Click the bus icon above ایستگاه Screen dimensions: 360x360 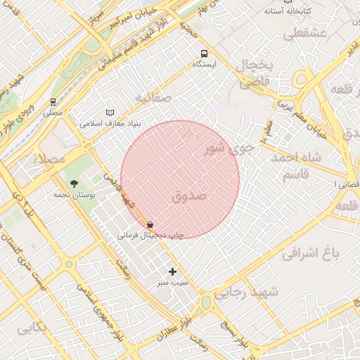pyautogui.click(x=204, y=53)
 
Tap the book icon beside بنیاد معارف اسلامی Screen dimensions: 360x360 pyautogui.click(x=109, y=112)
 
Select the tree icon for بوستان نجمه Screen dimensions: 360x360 pyautogui.click(x=75, y=184)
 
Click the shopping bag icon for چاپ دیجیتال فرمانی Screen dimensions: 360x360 pyautogui.click(x=150, y=225)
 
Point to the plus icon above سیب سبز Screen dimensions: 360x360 pyautogui.click(x=173, y=271)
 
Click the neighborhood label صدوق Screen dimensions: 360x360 pyautogui.click(x=189, y=196)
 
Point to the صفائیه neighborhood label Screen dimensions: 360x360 pyautogui.click(x=153, y=98)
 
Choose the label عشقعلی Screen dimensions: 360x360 pyautogui.click(x=304, y=33)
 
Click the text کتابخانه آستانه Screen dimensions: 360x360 pyautogui.click(x=288, y=11)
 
